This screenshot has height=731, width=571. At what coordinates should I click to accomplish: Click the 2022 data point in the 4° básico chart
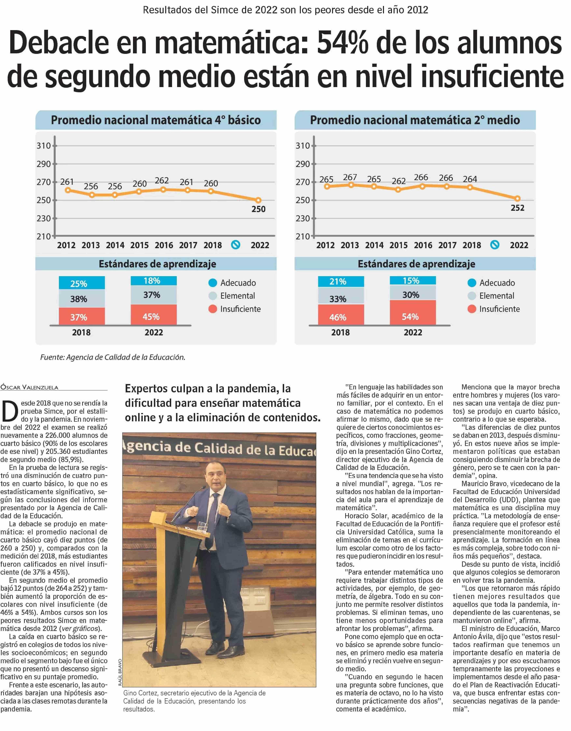click(x=258, y=200)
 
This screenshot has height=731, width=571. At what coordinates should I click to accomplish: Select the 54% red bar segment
click(x=413, y=312)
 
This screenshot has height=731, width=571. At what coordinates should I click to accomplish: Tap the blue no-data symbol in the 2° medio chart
click(x=495, y=245)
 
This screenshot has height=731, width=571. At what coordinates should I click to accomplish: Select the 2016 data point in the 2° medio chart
click(x=422, y=186)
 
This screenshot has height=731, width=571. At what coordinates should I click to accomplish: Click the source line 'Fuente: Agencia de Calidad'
click(x=113, y=358)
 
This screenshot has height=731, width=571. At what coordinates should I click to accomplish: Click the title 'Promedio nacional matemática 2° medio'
click(x=415, y=120)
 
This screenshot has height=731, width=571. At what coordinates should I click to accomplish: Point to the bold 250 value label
click(x=258, y=209)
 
